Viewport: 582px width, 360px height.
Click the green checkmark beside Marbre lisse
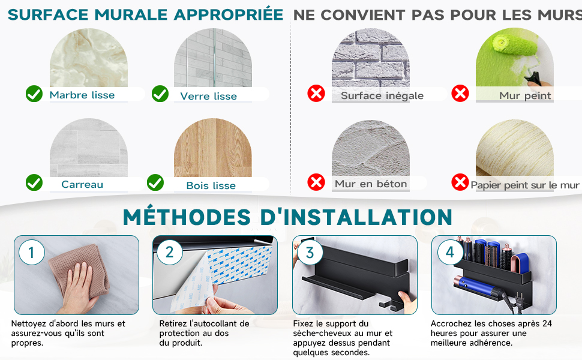tap(34, 94)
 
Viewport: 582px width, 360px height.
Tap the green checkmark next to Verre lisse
tap(160, 94)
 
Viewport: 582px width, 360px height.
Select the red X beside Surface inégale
tap(316, 94)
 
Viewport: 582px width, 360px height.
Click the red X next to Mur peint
tap(460, 94)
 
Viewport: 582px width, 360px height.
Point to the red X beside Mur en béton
tap(316, 182)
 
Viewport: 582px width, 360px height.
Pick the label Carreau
tap(82, 184)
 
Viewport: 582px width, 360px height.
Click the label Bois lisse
tap(211, 185)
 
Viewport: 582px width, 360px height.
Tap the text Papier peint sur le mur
tap(525, 185)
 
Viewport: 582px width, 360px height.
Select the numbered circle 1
tap(32, 253)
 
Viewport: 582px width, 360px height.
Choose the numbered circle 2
tap(170, 253)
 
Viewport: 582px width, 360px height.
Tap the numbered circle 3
tap(310, 253)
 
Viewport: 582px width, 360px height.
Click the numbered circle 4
tap(450, 253)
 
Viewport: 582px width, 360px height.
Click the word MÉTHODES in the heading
tap(187, 217)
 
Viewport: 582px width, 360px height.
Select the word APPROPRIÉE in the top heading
tap(229, 14)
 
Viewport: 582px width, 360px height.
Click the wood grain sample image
tap(213, 148)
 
